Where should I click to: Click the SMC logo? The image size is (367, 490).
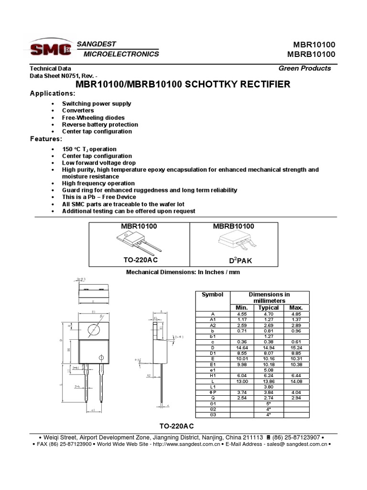[50, 49]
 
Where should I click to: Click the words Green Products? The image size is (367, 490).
[305, 68]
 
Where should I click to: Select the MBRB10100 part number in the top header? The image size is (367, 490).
[314, 54]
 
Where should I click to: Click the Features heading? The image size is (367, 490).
[46, 138]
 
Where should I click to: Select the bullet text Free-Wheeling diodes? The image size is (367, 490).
[93, 117]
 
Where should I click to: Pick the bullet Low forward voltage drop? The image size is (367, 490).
[97, 163]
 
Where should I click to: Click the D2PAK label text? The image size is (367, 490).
[234, 260]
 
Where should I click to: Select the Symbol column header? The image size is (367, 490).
[213, 294]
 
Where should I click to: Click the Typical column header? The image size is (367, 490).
[268, 308]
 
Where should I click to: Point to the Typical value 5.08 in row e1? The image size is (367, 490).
[268, 369]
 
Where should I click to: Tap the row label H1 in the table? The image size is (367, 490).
[213, 375]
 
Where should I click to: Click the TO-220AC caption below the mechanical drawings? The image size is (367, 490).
[177, 426]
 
